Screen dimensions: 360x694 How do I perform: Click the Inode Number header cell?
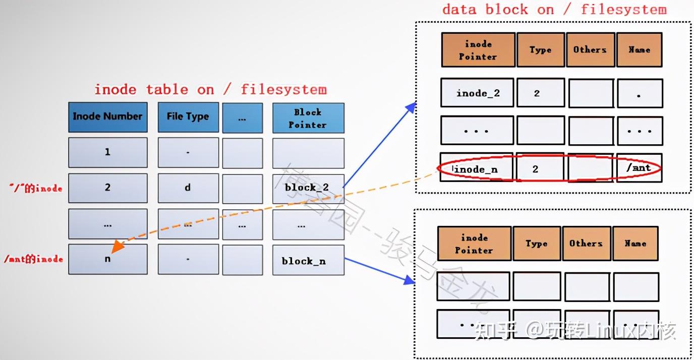[108, 117]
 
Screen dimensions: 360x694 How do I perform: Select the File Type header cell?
[188, 117]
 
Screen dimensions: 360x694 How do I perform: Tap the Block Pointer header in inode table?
[308, 118]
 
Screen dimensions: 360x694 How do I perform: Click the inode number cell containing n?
[108, 259]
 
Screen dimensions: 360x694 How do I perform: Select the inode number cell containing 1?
[108, 152]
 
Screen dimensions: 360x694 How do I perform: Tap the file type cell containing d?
[188, 188]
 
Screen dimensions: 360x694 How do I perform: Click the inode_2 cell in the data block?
[477, 93]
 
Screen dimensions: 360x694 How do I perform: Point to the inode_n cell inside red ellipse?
[476, 169]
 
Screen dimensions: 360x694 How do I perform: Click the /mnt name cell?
[639, 168]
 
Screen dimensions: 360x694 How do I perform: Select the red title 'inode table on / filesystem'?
[210, 90]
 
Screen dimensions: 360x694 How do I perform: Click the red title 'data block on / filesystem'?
[554, 9]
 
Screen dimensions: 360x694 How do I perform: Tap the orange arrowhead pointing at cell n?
[117, 246]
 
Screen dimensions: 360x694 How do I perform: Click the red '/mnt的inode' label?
[33, 259]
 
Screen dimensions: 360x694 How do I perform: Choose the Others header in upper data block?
[590, 50]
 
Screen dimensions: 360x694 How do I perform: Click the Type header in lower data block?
[536, 244]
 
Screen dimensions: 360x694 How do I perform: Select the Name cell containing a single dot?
[639, 94]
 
